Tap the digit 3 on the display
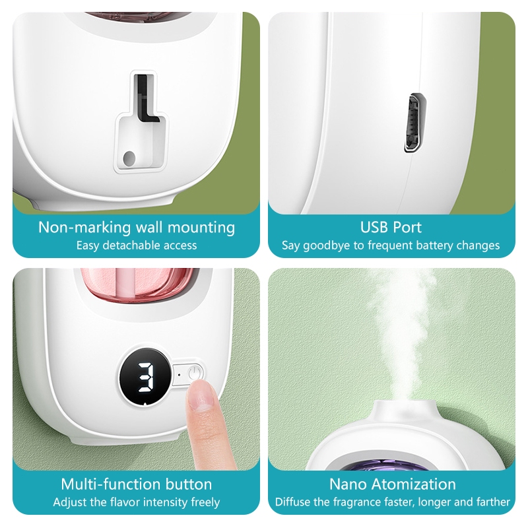coord(147,378)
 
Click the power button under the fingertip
coord(195,374)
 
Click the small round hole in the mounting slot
coord(129,158)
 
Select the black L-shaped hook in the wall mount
coord(145,100)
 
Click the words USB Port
coord(391,227)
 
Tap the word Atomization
coord(413,484)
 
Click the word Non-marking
coord(84,228)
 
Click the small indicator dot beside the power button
coord(179,374)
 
